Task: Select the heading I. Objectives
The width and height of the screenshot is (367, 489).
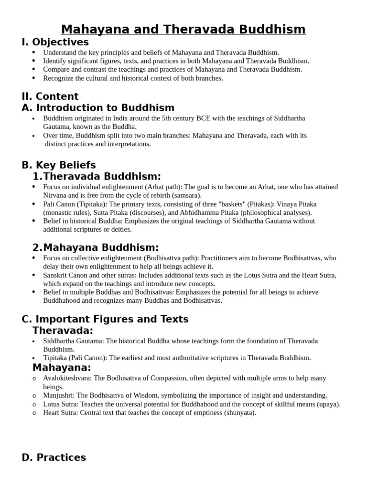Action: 55,42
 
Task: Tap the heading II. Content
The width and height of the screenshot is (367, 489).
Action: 50,96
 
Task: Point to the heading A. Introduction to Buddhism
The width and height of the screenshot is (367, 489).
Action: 98,108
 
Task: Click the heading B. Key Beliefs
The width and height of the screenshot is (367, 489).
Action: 59,165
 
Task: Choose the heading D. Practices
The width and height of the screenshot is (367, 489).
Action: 54,457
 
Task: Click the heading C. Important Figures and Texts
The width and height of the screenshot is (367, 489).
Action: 105,319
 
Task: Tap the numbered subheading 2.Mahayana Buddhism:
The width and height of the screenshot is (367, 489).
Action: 96,247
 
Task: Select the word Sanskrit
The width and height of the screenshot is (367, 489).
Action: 55,275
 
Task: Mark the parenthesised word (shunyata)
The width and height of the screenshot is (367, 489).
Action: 240,413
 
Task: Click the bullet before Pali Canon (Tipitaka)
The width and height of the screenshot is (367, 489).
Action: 33,204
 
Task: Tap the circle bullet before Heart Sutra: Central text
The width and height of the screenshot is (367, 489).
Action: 34,413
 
